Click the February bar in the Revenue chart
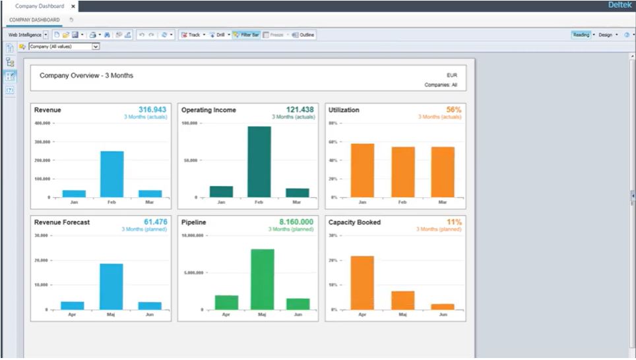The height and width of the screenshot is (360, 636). tap(111, 174)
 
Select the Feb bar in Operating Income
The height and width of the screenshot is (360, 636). tap(259, 162)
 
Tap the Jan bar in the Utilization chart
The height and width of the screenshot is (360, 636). tap(362, 170)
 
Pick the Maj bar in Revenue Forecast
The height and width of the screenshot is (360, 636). tap(111, 286)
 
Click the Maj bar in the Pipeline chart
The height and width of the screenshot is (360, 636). tap(262, 279)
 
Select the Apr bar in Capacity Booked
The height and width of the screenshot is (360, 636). tap(362, 282)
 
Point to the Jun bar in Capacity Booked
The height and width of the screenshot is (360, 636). tap(443, 306)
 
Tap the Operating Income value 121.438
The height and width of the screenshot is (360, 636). tap(300, 109)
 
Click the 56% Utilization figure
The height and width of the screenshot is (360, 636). tap(453, 109)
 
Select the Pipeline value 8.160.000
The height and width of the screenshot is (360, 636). tap(296, 222)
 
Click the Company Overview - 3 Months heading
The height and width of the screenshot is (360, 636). tap(86, 76)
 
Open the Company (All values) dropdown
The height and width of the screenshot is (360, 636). tap(96, 47)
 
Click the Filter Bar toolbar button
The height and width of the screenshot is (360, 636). tap(245, 34)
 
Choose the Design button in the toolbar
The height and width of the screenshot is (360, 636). tap(605, 34)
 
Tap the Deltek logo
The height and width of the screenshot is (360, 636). tap(619, 5)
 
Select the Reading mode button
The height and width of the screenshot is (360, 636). tap(581, 34)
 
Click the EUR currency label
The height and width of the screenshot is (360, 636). tap(452, 75)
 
